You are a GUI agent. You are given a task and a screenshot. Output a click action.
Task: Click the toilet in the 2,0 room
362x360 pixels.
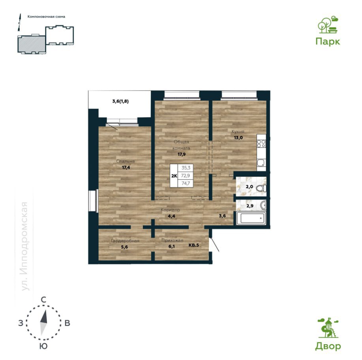pyautogui.click(x=261, y=188)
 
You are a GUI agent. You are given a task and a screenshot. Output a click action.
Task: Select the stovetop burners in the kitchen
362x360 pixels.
pyautogui.click(x=261, y=143)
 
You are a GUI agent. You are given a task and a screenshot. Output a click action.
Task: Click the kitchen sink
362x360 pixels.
pyautogui.click(x=261, y=163)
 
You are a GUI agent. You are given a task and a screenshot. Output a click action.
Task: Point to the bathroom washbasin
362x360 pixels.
pyautogui.click(x=263, y=205)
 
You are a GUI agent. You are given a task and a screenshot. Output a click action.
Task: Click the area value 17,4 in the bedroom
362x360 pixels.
pyautogui.click(x=126, y=168)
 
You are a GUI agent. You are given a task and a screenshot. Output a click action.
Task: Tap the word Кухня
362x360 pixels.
pyautogui.click(x=238, y=132)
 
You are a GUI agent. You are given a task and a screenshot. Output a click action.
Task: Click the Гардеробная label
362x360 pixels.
pyautogui.click(x=125, y=241)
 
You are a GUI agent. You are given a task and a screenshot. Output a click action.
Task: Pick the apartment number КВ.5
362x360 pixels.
pyautogui.click(x=194, y=245)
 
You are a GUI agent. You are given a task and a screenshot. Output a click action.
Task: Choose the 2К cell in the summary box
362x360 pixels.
pyautogui.click(x=174, y=176)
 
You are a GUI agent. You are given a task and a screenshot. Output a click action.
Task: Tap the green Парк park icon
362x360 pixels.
pyautogui.click(x=328, y=25)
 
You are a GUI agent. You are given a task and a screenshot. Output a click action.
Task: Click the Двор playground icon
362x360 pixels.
pyautogui.click(x=328, y=328)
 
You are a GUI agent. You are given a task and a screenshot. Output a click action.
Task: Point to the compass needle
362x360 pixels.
pyautogui.click(x=43, y=322)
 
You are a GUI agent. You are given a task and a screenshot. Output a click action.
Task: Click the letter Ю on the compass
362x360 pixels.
pyautogui.click(x=43, y=346)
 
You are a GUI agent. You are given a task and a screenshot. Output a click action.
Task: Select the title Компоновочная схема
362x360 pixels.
pyautogui.click(x=46, y=17)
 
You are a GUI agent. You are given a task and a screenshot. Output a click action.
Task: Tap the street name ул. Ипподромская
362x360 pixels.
pyautogui.click(x=24, y=246)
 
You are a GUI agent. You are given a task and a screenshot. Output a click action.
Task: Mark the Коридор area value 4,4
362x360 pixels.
pyautogui.click(x=171, y=216)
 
